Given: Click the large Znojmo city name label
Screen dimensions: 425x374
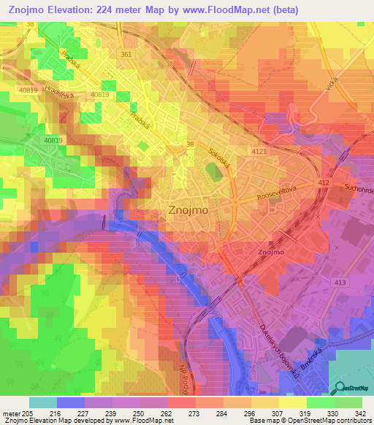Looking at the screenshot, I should [189, 209].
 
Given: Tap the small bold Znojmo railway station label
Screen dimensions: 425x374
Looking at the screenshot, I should [271, 253].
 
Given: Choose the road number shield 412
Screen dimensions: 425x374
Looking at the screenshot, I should [325, 182].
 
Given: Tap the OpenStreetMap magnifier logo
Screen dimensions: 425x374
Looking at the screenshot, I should [337, 388].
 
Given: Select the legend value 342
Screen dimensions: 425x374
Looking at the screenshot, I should [360, 413].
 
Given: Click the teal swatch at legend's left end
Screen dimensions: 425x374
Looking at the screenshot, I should [42, 402].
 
